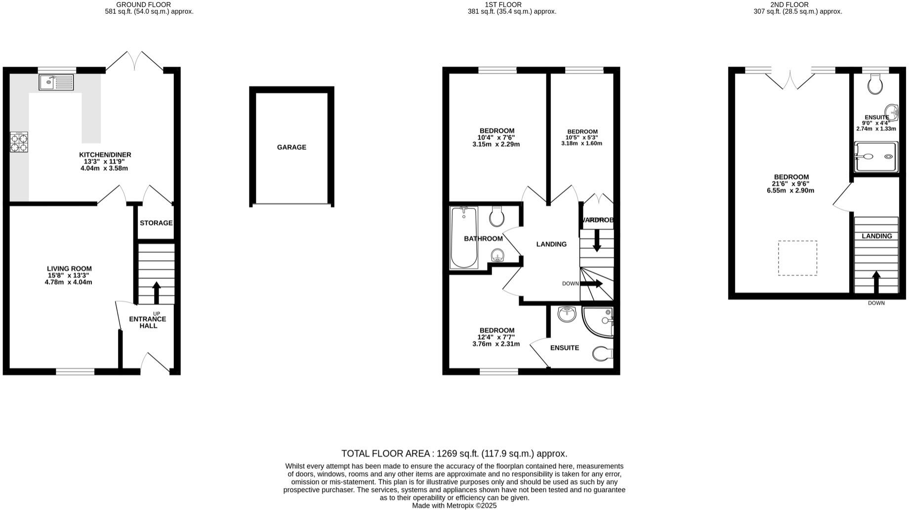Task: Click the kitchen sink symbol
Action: pos(56,82)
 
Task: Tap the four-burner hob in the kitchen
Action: pos(19,142)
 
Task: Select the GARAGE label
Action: pos(291,147)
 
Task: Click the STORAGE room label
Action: pos(156,223)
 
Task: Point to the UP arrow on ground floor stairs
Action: pos(157,292)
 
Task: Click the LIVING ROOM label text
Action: pos(69,269)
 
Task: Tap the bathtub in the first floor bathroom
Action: pos(463,237)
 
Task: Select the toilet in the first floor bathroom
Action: pos(496,216)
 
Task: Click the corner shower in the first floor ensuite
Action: pos(599,321)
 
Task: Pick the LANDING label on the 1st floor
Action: pos(551,244)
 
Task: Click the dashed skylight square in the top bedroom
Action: pos(797,258)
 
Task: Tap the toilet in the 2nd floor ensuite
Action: pos(875,84)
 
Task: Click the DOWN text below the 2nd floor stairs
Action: pos(876,303)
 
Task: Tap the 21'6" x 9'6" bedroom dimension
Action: pos(790,184)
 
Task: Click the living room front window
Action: pos(75,371)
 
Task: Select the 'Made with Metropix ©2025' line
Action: pos(454,506)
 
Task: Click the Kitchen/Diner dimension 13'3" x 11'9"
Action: pos(105,161)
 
